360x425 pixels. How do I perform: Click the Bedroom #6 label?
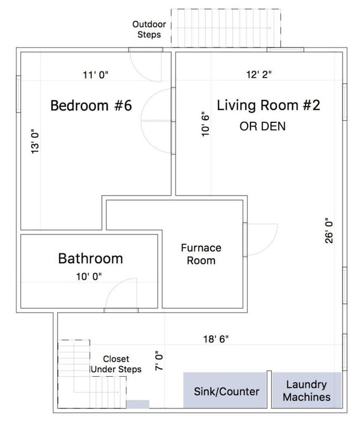[x=91, y=105]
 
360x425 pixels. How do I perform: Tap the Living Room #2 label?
[x=269, y=105]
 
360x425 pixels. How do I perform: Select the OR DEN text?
[x=263, y=126]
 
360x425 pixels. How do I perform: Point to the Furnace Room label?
[x=201, y=254]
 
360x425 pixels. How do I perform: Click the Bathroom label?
[x=90, y=258]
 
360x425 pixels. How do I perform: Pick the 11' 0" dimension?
[x=95, y=75]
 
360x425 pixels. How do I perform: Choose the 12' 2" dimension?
[x=259, y=74]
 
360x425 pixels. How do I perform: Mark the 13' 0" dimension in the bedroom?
[x=35, y=141]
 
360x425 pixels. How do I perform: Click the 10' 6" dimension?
[x=205, y=124]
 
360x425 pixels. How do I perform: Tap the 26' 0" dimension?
[x=329, y=231]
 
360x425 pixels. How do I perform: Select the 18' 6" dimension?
[x=216, y=339]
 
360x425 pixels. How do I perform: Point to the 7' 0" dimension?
[x=160, y=361]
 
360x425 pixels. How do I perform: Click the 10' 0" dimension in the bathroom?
[x=89, y=276]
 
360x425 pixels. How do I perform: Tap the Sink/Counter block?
[x=225, y=390]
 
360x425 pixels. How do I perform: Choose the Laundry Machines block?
[x=307, y=390]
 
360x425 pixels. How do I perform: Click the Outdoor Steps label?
[x=149, y=29]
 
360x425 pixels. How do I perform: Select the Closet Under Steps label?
[x=116, y=364]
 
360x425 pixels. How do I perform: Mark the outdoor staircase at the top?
[x=226, y=28]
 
